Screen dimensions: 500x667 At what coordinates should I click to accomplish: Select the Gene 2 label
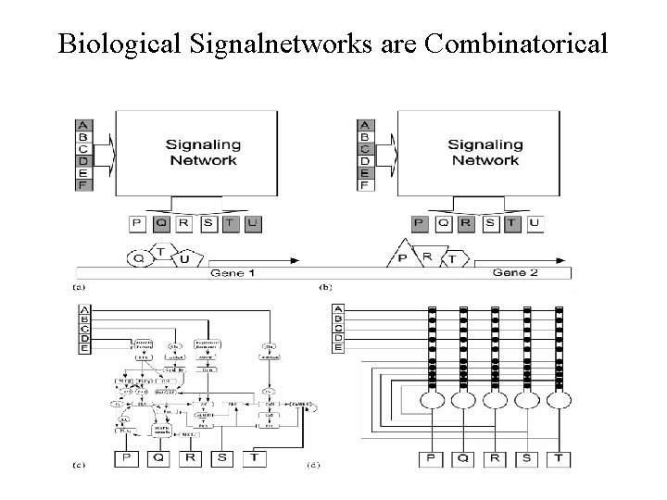(x=515, y=273)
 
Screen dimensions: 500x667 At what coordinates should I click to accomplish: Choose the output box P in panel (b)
(x=419, y=222)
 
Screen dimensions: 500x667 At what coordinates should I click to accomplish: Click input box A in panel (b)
(x=364, y=125)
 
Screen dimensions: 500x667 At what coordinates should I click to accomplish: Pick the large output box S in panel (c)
(x=222, y=456)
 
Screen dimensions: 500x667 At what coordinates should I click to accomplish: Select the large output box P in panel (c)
(x=125, y=456)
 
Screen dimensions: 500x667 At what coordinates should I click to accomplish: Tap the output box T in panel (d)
(x=560, y=456)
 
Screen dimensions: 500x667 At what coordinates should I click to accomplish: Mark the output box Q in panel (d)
(x=462, y=456)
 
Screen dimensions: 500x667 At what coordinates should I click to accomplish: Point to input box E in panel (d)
(x=338, y=349)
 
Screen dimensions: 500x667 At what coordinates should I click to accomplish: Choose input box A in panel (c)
(x=85, y=309)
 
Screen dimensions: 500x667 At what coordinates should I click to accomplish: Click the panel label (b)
(x=325, y=288)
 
